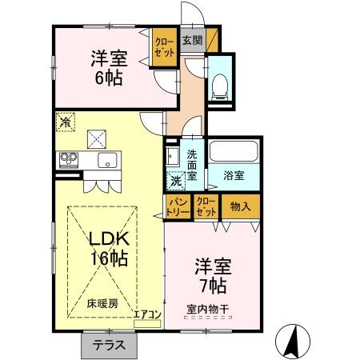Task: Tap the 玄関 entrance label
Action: (191, 40)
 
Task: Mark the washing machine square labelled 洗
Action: (174, 180)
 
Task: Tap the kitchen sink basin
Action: (106, 161)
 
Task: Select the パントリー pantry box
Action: (178, 207)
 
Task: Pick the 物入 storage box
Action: (240, 207)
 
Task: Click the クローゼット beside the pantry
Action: (206, 207)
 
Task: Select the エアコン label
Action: (148, 314)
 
